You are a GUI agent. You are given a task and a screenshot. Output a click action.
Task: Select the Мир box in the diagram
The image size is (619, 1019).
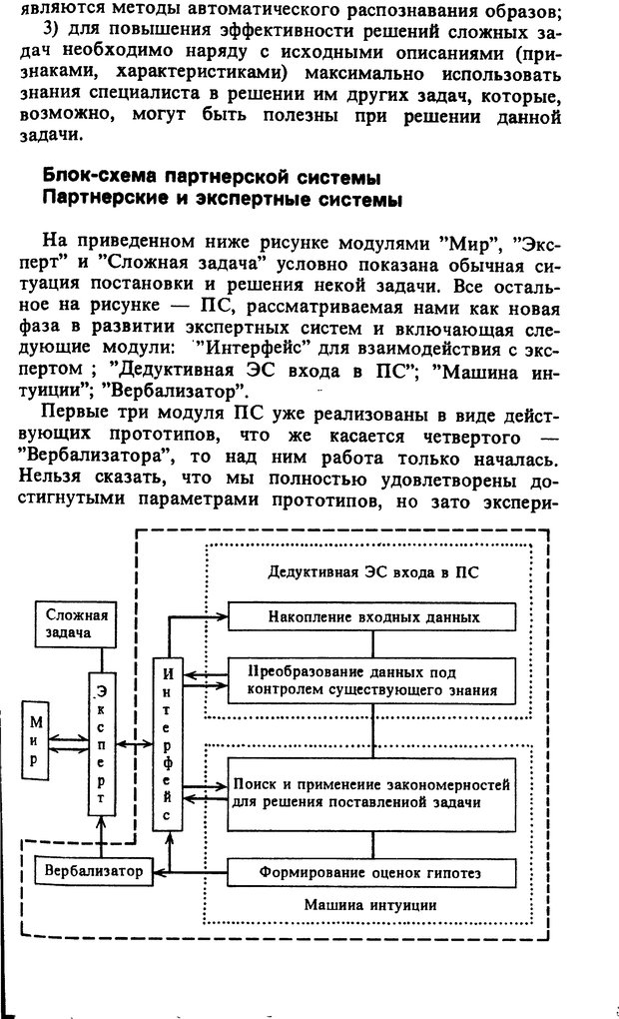click(36, 740)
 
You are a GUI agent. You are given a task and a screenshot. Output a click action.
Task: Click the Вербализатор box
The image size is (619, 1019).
click(93, 871)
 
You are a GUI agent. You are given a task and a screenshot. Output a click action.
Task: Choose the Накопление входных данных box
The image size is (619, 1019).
click(374, 616)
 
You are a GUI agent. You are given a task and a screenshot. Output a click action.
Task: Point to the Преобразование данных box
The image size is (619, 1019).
click(374, 681)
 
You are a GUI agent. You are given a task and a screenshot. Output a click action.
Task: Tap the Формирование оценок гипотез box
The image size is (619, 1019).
click(374, 872)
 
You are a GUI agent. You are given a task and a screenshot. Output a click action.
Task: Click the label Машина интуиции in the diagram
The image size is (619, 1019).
click(373, 906)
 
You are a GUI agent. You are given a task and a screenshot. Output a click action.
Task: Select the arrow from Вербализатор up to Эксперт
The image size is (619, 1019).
click(102, 837)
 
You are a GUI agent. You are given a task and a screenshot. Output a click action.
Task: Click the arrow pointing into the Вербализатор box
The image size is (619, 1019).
click(160, 872)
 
